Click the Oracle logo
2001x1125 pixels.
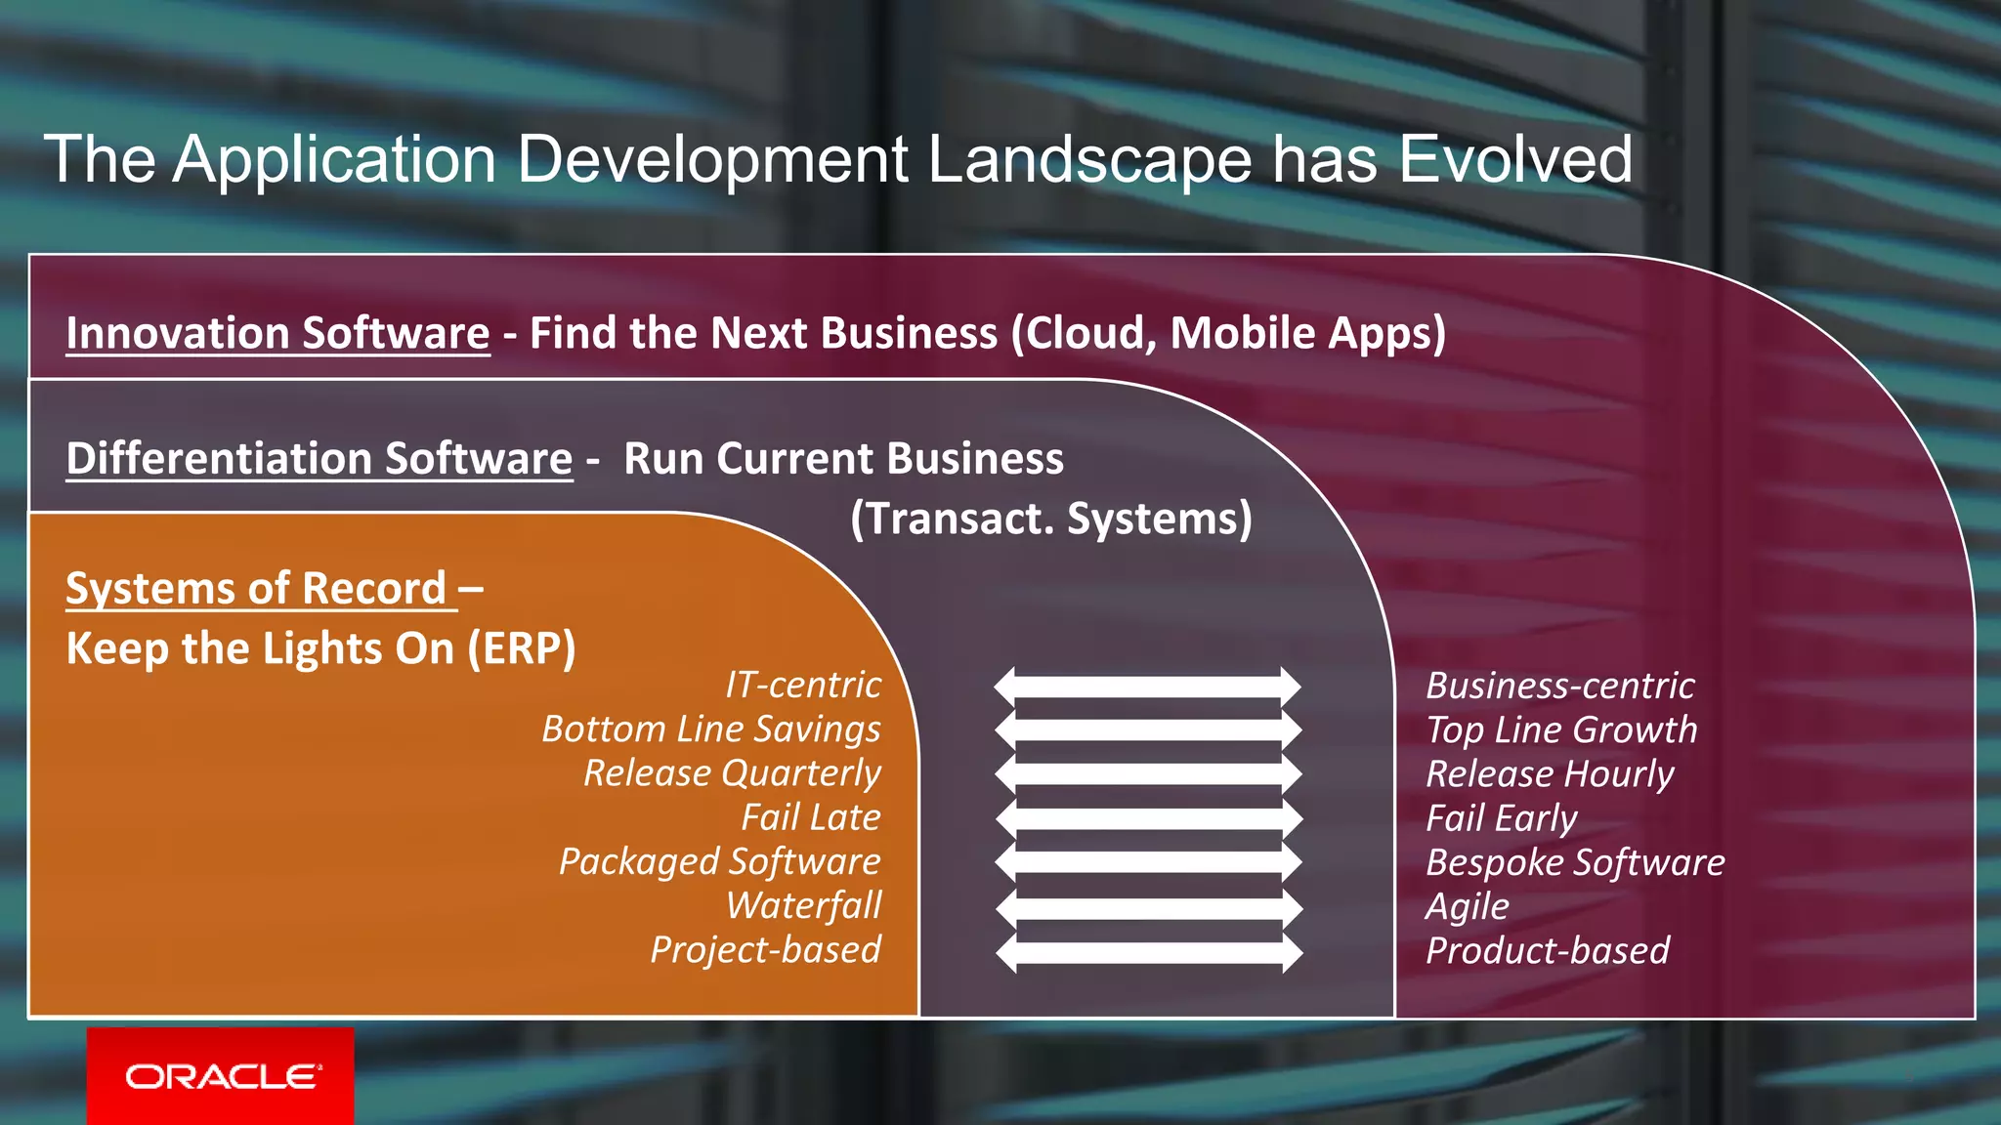pyautogui.click(x=222, y=1076)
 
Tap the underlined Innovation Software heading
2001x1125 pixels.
pyautogui.click(x=277, y=333)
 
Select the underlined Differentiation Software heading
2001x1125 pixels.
pyautogui.click(x=319, y=458)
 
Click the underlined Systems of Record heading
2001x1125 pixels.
pyautogui.click(x=257, y=588)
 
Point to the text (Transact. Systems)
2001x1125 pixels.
pyautogui.click(x=1050, y=519)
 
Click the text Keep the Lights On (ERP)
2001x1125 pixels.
pyautogui.click(x=320, y=648)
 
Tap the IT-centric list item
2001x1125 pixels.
pyautogui.click(x=802, y=685)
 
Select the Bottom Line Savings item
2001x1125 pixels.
pyautogui.click(x=710, y=729)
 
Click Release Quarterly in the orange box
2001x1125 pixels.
pyautogui.click(x=732, y=772)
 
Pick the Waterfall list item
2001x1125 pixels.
pyautogui.click(x=803, y=905)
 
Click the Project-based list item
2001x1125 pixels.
pyautogui.click(x=765, y=949)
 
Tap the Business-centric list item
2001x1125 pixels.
pyautogui.click(x=1559, y=686)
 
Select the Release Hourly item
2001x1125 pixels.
pyautogui.click(x=1549, y=773)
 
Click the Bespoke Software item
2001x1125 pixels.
pyautogui.click(x=1574, y=862)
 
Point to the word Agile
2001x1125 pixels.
pyautogui.click(x=1467, y=906)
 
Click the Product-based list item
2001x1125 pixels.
pyautogui.click(x=1547, y=950)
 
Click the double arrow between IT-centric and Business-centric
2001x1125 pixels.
pyautogui.click(x=1148, y=687)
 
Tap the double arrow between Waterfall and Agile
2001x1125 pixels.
pyautogui.click(x=1148, y=908)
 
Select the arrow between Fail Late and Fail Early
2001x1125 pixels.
pyautogui.click(x=1148, y=818)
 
